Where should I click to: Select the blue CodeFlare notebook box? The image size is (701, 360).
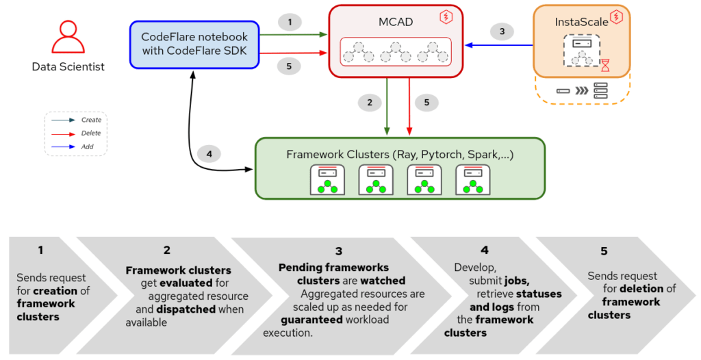194,44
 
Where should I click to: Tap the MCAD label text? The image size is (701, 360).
396,21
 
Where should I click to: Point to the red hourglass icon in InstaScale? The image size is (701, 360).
605,66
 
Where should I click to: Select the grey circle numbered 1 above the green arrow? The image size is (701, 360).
290,23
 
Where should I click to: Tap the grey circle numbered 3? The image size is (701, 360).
502,31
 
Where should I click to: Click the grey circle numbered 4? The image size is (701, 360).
209,154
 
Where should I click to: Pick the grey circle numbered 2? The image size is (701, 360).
370,103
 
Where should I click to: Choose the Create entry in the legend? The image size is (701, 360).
91,120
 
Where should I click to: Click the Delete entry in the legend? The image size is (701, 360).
91,133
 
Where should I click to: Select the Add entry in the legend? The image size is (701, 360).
87,146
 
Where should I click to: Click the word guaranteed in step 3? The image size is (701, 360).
309,320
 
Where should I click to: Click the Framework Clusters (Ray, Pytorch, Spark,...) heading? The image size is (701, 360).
399,154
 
